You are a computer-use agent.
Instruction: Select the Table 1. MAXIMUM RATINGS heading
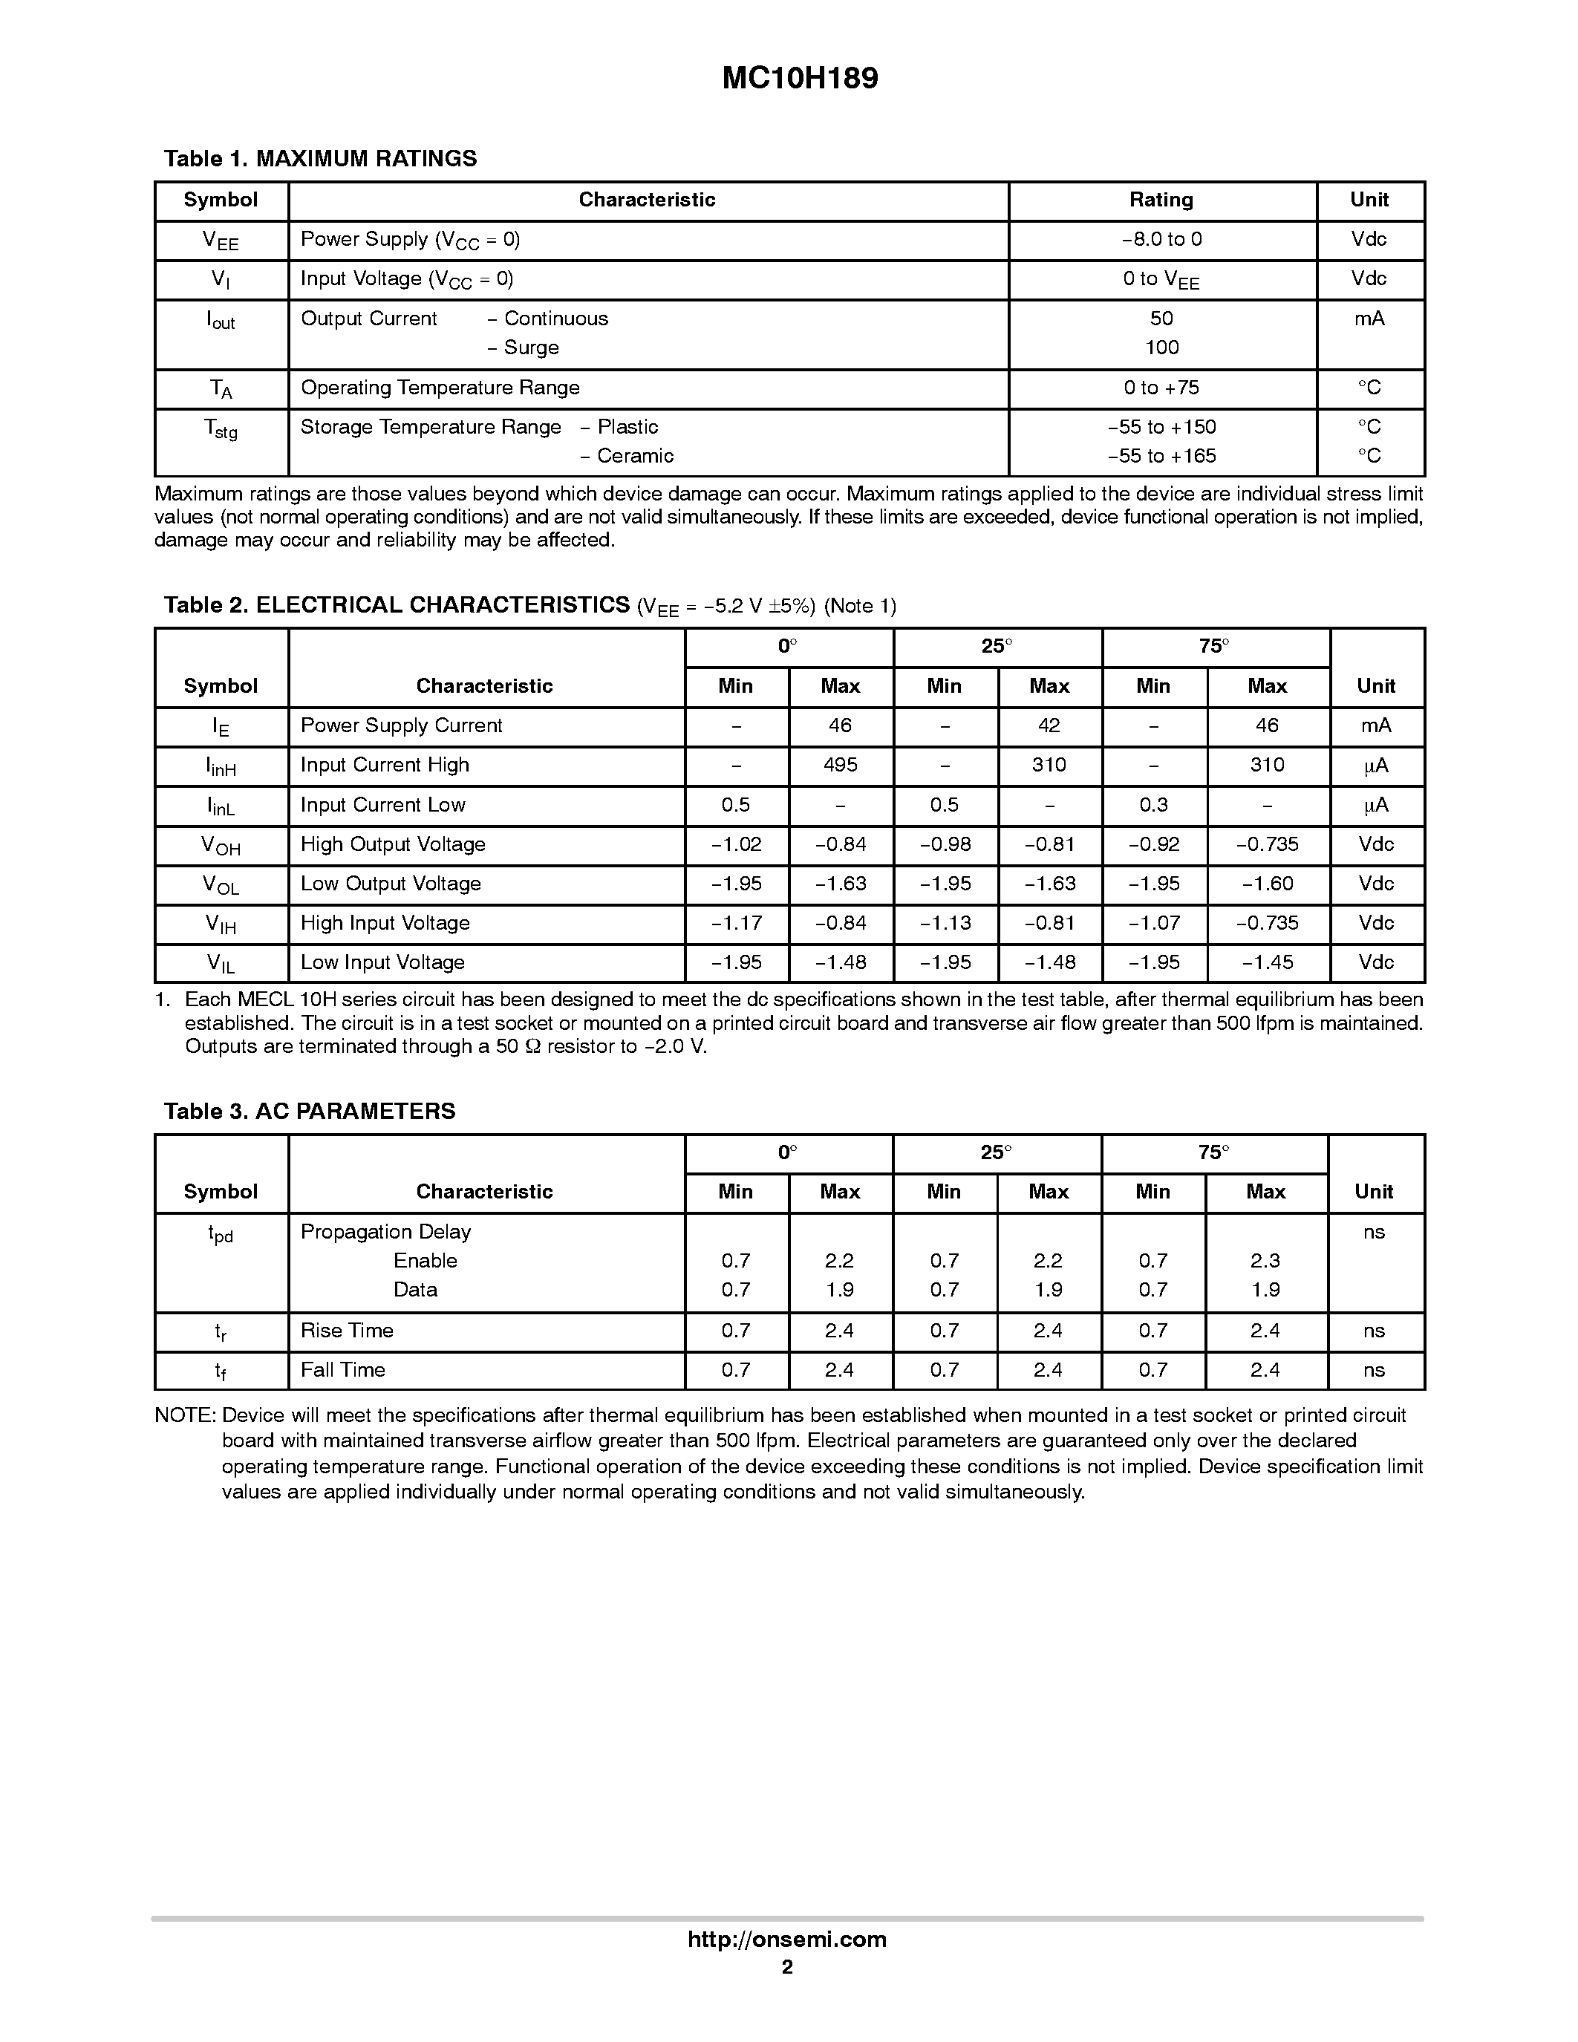(320, 159)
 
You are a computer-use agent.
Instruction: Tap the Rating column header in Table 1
(1161, 200)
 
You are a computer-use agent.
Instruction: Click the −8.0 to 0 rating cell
(1161, 239)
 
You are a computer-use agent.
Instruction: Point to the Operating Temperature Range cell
(440, 388)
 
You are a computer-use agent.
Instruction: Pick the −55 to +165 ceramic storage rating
(1161, 456)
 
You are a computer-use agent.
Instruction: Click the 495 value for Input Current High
(841, 766)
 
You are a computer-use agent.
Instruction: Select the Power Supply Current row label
(401, 725)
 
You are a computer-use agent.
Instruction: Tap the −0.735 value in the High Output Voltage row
(1267, 844)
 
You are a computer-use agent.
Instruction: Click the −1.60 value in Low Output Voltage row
(1267, 884)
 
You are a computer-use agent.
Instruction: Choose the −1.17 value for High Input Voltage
(736, 923)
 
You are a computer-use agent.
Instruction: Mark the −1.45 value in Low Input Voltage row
(1267, 962)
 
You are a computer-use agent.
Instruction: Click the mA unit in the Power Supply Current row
(1375, 725)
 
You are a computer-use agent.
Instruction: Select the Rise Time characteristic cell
(347, 1331)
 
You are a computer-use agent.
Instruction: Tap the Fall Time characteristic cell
(342, 1370)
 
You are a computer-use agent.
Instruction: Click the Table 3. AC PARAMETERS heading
(310, 1112)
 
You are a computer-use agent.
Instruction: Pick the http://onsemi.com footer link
(787, 1939)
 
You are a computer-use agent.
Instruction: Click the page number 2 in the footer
(787, 1967)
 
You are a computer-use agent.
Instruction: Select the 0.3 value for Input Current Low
(1152, 805)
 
